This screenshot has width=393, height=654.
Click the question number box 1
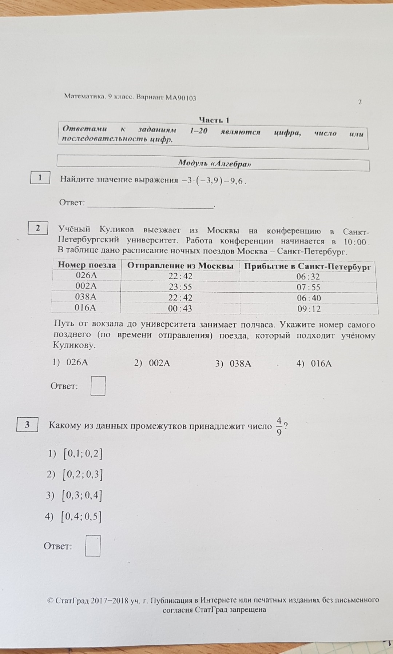pos(40,178)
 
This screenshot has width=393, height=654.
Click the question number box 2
pos(38,228)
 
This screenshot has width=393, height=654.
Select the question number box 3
pos(27,424)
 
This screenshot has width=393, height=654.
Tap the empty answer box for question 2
pos(98,386)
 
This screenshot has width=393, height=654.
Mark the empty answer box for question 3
pos(93,546)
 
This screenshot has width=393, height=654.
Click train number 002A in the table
pos(86,286)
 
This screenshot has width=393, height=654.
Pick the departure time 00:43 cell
pos(180,309)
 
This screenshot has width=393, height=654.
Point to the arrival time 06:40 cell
pos(308,298)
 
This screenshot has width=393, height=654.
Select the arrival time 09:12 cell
pos(308,309)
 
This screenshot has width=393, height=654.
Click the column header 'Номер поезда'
pos(87,265)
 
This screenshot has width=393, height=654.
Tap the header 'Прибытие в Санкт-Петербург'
pos(307,266)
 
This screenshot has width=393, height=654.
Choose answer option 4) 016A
pos(314,364)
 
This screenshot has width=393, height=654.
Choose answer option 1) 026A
pos(71,362)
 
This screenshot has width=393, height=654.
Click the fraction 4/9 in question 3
pos(279,426)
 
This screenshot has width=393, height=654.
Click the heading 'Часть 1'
pos(214,120)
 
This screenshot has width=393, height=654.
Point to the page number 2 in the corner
pos(360,102)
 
